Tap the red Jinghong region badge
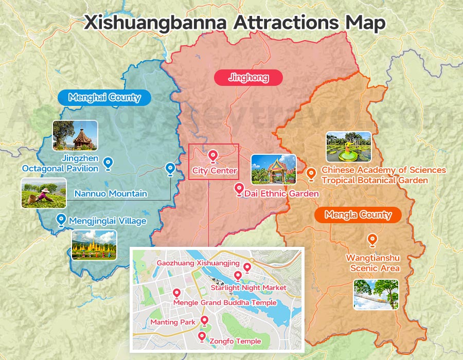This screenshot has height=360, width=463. [248, 78]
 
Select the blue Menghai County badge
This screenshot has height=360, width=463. [104, 97]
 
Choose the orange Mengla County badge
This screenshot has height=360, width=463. [358, 215]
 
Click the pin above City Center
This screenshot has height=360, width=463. [213, 156]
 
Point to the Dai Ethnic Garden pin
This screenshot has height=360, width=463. [239, 189]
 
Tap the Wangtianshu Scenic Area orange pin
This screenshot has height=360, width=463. [371, 240]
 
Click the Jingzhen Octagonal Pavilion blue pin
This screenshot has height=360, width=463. [108, 163]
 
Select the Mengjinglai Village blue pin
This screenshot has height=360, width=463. [61, 220]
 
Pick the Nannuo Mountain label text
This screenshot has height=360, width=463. [111, 194]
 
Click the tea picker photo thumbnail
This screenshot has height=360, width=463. [44, 193]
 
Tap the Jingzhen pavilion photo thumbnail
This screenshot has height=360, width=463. [75, 135]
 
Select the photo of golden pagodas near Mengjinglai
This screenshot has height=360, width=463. [94, 245]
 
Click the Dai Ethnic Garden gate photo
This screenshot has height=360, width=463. [274, 169]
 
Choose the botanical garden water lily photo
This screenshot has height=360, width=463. [348, 147]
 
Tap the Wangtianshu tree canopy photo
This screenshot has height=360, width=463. [376, 295]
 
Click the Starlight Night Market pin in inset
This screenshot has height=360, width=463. [238, 276]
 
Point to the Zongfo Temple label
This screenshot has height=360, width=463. [235, 341]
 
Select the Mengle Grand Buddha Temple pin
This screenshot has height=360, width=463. [176, 293]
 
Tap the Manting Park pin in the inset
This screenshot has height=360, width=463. [204, 321]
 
